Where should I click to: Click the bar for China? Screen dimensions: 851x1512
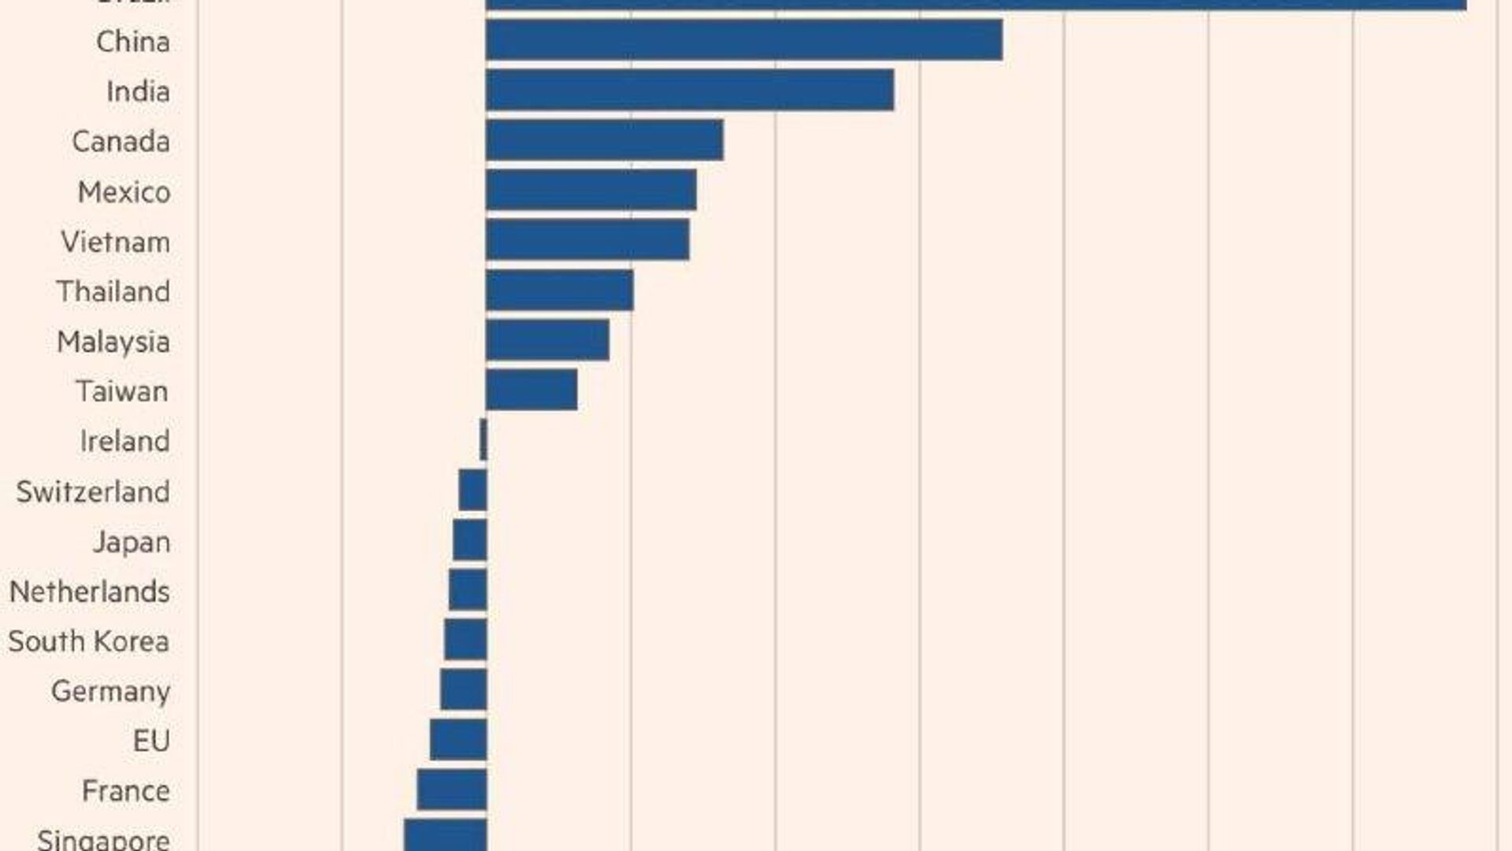click(x=743, y=40)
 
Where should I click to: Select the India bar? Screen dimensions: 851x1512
click(x=689, y=91)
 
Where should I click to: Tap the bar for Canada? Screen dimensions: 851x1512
click(x=604, y=140)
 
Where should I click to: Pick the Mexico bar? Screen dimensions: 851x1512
click(x=591, y=191)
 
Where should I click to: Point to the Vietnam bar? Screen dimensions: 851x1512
click(x=587, y=240)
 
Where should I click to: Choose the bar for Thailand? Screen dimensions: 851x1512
click(x=559, y=290)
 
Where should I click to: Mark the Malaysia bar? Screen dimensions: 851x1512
click(x=547, y=340)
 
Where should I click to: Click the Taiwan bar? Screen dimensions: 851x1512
click(x=531, y=390)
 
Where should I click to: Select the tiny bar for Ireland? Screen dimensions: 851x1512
click(x=484, y=440)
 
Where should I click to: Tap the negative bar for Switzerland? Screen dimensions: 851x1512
click(x=473, y=490)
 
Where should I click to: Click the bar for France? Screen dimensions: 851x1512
click(x=452, y=790)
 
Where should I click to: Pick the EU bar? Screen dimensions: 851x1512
click(x=458, y=740)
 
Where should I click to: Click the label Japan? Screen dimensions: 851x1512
click(x=132, y=542)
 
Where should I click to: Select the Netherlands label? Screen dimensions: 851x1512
click(x=90, y=592)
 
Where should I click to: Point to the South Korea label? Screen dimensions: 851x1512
click(x=89, y=642)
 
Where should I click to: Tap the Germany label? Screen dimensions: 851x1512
click(x=110, y=691)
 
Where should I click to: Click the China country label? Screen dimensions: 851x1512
click(x=132, y=42)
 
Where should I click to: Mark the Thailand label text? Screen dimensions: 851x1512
click(x=113, y=292)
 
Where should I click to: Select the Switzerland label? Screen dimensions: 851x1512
click(x=93, y=492)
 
